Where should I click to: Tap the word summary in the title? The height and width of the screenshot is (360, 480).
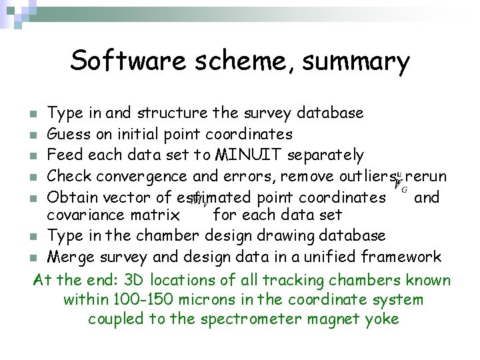point(355,62)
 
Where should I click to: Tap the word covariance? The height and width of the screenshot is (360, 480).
point(80,215)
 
